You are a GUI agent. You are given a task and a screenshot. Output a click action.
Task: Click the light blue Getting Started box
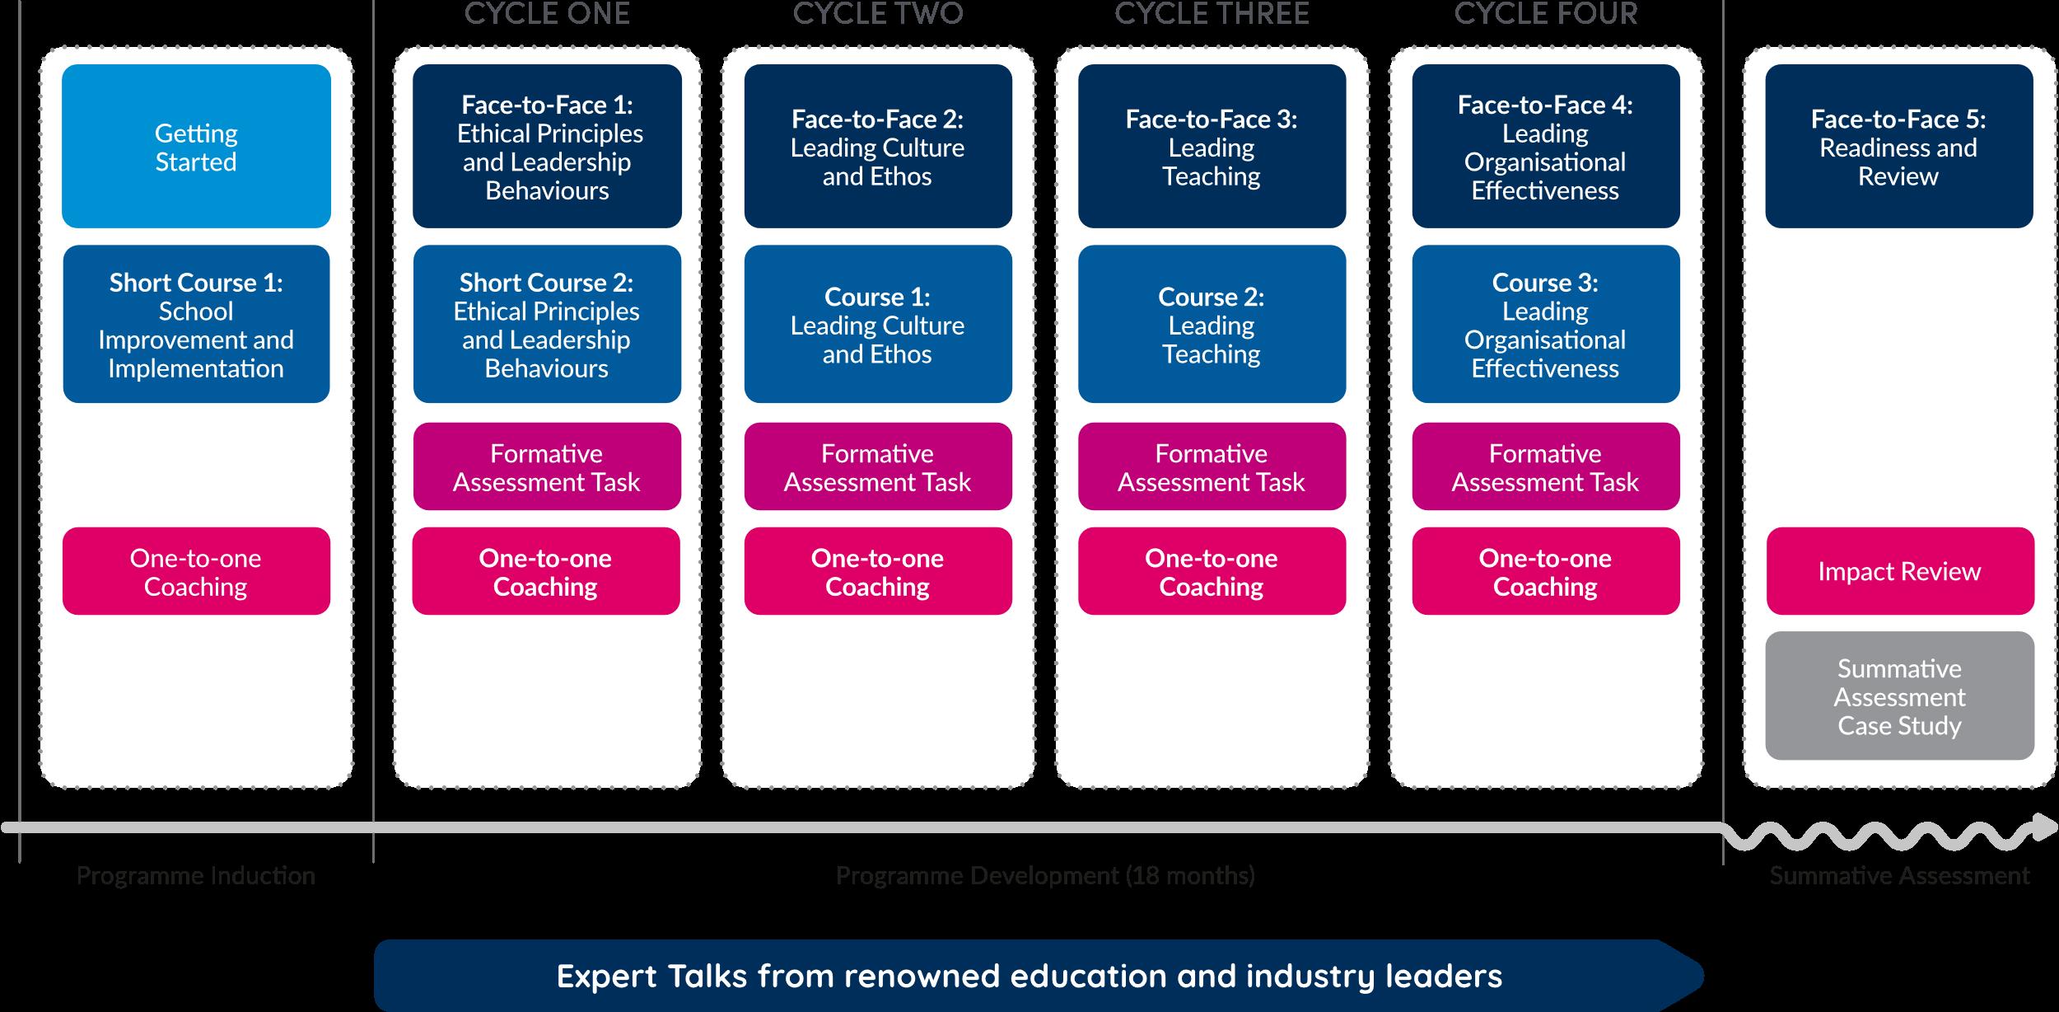pos(196,146)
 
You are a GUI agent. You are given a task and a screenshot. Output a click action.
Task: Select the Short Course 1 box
pos(196,324)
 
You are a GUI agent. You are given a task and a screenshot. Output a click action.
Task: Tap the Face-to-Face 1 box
pos(547,146)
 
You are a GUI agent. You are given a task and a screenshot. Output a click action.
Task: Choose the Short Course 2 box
pos(547,324)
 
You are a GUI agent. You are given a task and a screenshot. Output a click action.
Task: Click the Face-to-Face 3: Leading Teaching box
pos(1212,146)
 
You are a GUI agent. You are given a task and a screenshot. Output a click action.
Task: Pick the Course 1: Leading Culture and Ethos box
pos(878,324)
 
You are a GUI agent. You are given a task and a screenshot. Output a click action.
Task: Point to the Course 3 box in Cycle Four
pos(1545,324)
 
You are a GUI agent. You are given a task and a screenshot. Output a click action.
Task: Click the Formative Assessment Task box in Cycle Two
pos(878,466)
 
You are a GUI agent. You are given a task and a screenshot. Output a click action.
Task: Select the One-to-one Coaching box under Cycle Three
pos(1212,571)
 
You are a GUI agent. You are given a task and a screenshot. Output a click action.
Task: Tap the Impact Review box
pos(1899,571)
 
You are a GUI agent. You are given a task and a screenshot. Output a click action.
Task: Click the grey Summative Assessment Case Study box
pos(1899,696)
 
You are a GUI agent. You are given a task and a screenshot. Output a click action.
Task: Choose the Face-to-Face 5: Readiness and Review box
pos(1898,146)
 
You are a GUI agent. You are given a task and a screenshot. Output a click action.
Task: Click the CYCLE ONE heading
pos(547,14)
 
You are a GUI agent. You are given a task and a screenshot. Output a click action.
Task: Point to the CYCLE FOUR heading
pos(1545,14)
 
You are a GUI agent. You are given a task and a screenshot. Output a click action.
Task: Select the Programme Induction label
pos(196,875)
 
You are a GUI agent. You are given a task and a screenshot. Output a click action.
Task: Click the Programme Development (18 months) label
pos(1045,875)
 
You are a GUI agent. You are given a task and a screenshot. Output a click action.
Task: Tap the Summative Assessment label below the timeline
pos(1899,875)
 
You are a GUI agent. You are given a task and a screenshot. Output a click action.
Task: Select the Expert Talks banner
pos(1029,976)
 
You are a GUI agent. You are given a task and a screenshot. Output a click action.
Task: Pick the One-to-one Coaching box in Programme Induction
pos(196,571)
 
